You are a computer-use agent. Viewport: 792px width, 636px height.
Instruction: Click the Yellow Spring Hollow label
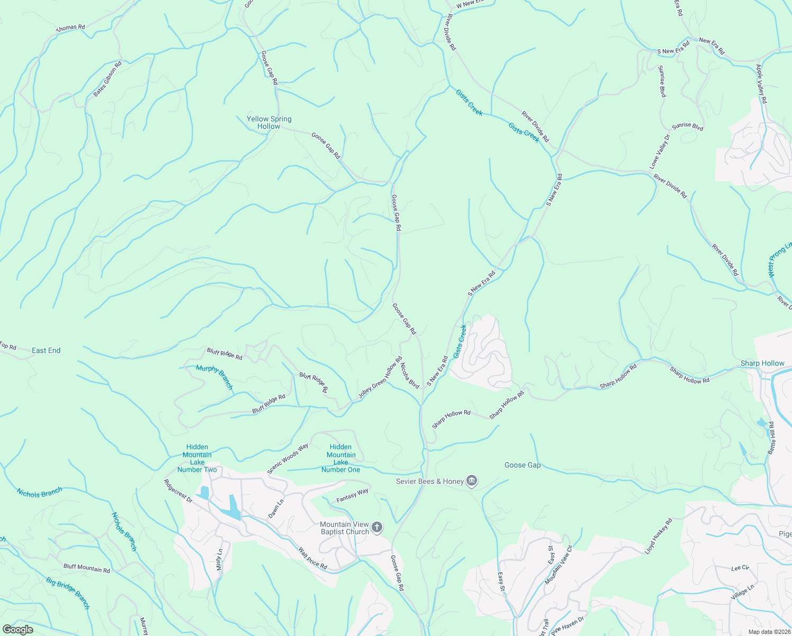click(269, 122)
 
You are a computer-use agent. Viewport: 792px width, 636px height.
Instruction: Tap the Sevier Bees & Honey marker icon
click(472, 481)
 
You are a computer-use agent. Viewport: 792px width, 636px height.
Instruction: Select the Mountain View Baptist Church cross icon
click(377, 527)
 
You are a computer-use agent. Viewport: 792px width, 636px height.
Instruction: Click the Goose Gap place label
click(523, 465)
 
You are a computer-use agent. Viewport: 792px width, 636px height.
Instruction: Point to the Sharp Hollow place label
click(762, 363)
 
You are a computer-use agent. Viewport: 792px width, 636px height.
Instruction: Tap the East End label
click(46, 350)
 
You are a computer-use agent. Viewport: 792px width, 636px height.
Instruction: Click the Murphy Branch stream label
click(214, 377)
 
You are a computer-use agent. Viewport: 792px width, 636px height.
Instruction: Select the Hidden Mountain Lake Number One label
click(341, 458)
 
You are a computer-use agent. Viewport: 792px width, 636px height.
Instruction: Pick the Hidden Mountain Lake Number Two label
click(197, 458)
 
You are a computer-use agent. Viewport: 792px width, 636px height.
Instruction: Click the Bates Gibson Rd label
click(107, 79)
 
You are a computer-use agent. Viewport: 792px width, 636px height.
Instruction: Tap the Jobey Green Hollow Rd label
click(380, 377)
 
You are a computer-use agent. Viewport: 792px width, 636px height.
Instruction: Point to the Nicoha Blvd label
click(410, 375)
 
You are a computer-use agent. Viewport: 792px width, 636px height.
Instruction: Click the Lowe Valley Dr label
click(660, 152)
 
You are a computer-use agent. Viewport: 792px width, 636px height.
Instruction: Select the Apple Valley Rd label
click(761, 84)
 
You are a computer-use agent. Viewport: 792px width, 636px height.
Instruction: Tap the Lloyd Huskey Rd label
click(658, 536)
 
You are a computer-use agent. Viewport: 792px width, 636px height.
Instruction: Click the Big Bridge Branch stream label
click(68, 593)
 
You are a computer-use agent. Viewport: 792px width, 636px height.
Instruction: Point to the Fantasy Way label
click(353, 496)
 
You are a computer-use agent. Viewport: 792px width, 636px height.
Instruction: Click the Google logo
click(17, 630)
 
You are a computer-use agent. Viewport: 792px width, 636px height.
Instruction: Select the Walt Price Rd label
click(312, 559)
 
